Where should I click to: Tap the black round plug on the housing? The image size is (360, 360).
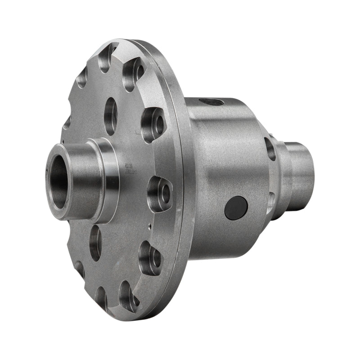point(236,208)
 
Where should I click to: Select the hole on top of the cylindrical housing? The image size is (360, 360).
point(211,102)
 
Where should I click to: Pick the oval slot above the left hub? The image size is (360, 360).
point(110,116)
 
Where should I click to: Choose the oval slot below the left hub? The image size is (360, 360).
point(95,243)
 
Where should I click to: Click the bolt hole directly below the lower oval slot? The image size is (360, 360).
point(129,296)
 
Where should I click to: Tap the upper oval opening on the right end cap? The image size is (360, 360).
point(270,149)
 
